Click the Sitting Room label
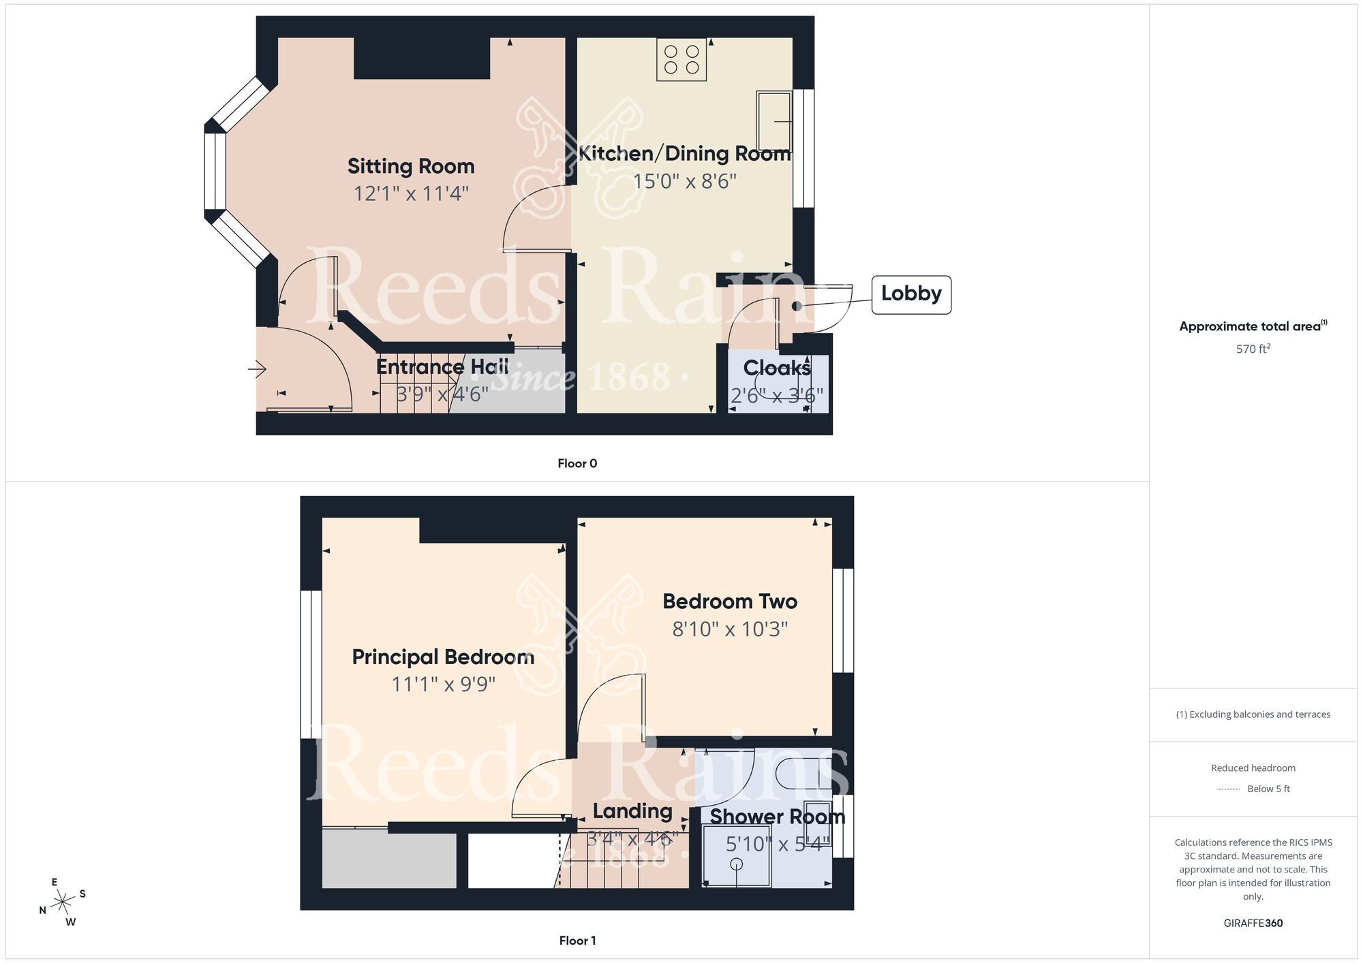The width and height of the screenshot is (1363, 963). click(x=411, y=166)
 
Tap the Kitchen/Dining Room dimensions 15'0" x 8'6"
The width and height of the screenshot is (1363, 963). click(x=684, y=181)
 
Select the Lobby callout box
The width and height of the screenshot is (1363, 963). click(x=911, y=294)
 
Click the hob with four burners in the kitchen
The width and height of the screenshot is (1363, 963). click(x=681, y=59)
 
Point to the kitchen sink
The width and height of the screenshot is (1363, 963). click(x=774, y=121)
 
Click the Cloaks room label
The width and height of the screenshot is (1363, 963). click(x=777, y=368)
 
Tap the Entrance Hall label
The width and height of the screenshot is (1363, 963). click(x=442, y=367)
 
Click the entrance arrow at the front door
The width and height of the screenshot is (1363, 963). click(x=257, y=370)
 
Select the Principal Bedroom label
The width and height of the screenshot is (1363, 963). click(x=443, y=657)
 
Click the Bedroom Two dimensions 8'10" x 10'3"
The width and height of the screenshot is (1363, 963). click(x=730, y=629)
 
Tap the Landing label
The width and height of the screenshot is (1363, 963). click(x=632, y=811)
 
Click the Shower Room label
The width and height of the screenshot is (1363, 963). click(x=778, y=817)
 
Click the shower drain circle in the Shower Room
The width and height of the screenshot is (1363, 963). click(x=737, y=864)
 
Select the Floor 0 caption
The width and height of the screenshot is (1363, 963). click(x=577, y=464)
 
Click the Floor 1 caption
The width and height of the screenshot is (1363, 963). click(x=577, y=941)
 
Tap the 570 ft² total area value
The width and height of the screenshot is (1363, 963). click(x=1253, y=349)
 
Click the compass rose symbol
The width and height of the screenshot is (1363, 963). click(x=63, y=902)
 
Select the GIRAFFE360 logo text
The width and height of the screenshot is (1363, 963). click(x=1253, y=923)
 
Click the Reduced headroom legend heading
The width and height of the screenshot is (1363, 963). click(x=1253, y=768)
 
